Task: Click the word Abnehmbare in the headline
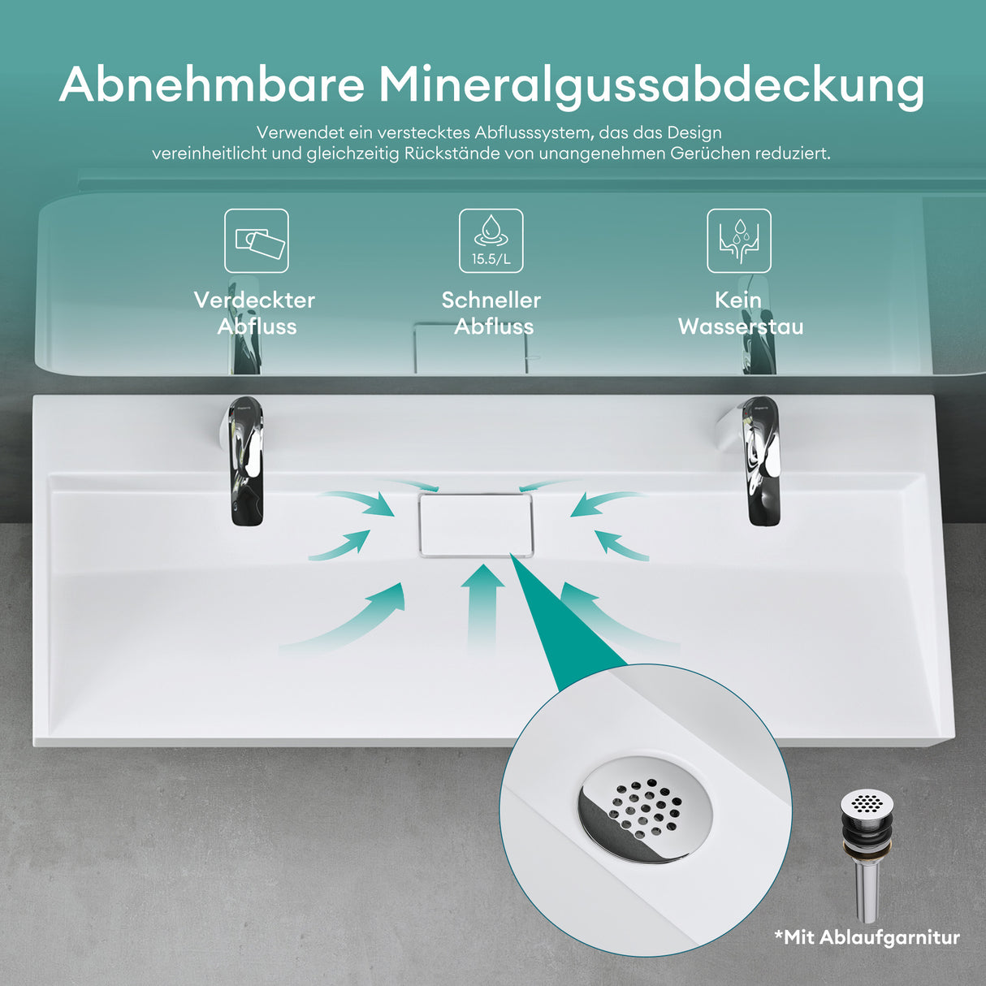point(211,84)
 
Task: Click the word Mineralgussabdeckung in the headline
point(651,87)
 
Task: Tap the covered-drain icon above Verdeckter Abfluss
point(257,240)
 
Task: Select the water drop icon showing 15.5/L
point(491,240)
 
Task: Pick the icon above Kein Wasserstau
point(739,240)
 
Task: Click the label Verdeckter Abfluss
point(255,314)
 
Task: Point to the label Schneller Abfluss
point(491,314)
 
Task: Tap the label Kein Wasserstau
point(741,314)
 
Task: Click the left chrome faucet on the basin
point(244,461)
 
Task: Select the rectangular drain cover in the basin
point(476,525)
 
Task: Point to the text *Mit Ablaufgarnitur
point(867,938)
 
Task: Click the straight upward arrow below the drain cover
point(482,608)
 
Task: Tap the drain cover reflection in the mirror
point(471,348)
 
